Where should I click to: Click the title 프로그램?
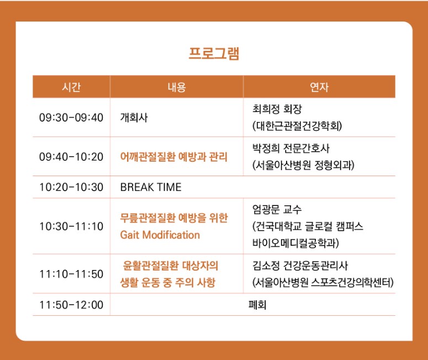pyautogui.click(x=214, y=54)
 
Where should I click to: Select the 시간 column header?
pyautogui.click(x=71, y=87)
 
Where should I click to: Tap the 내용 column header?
pyautogui.click(x=177, y=87)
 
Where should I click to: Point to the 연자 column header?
pyautogui.click(x=319, y=87)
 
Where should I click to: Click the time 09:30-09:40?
pyautogui.click(x=71, y=118)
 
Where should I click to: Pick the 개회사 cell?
pyautogui.click(x=134, y=118)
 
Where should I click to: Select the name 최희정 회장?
pyautogui.click(x=277, y=109)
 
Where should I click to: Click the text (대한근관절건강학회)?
pyautogui.click(x=297, y=126)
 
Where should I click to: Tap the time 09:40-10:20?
pyautogui.click(x=71, y=157)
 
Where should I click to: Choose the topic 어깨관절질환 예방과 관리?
pyautogui.click(x=173, y=157)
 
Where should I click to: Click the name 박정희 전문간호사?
pyautogui.click(x=290, y=148)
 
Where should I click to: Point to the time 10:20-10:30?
pyautogui.click(x=71, y=187)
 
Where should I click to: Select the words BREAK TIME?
pyautogui.click(x=151, y=187)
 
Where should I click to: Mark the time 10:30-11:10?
pyautogui.click(x=71, y=226)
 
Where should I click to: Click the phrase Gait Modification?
pyautogui.click(x=160, y=235)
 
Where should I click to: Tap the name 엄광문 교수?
pyautogui.click(x=277, y=209)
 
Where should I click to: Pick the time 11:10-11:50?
pyautogui.click(x=71, y=274)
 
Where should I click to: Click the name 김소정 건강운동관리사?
pyautogui.click(x=300, y=266)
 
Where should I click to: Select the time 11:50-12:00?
pyautogui.click(x=71, y=305)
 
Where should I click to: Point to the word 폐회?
pyautogui.click(x=257, y=305)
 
